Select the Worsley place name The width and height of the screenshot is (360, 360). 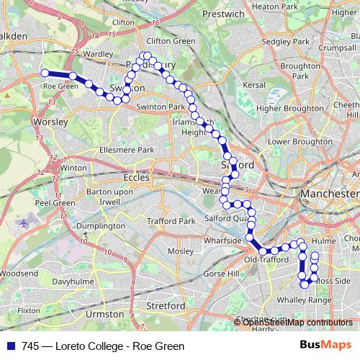pyautogui.click(x=50, y=122)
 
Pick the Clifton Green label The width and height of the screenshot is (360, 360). pyautogui.click(x=171, y=41)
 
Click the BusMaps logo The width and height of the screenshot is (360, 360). pyautogui.click(x=324, y=346)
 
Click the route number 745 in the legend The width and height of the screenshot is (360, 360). pyautogui.click(x=30, y=346)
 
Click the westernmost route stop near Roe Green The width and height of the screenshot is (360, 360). pyautogui.click(x=45, y=72)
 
